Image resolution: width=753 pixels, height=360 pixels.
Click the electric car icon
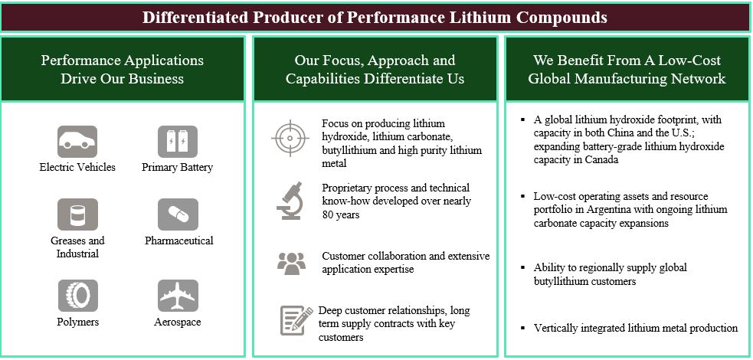pos(77,142)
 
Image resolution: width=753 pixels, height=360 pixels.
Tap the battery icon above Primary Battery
pos(177,142)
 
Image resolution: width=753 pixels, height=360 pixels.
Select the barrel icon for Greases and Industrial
pos(77,214)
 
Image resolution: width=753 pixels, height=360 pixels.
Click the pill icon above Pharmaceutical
pos(177,214)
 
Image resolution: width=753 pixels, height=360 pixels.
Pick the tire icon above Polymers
pos(77,296)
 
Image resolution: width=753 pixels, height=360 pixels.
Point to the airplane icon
pos(177,296)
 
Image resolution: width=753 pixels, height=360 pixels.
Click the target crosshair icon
pos(290,139)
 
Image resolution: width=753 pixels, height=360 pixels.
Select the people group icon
pos(290,263)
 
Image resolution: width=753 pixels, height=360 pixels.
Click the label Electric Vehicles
pos(77,168)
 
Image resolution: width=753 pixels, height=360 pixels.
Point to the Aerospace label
pos(177,322)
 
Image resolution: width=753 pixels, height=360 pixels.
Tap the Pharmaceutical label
pos(178,241)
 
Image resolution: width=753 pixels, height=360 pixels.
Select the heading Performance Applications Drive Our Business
pos(123,69)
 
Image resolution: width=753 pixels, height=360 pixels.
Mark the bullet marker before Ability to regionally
pos(522,268)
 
